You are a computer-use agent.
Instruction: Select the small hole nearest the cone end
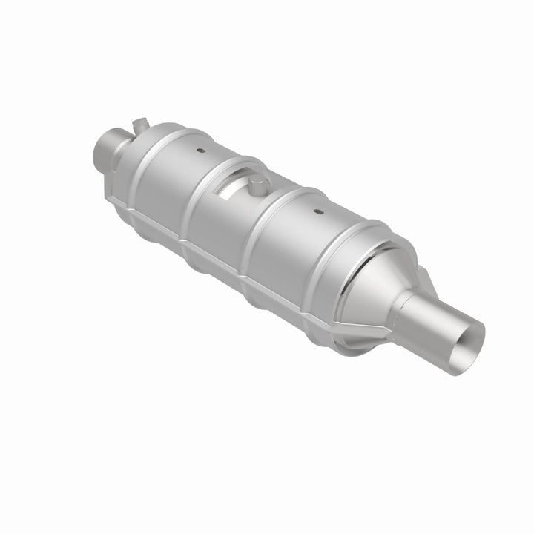(x=317, y=212)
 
